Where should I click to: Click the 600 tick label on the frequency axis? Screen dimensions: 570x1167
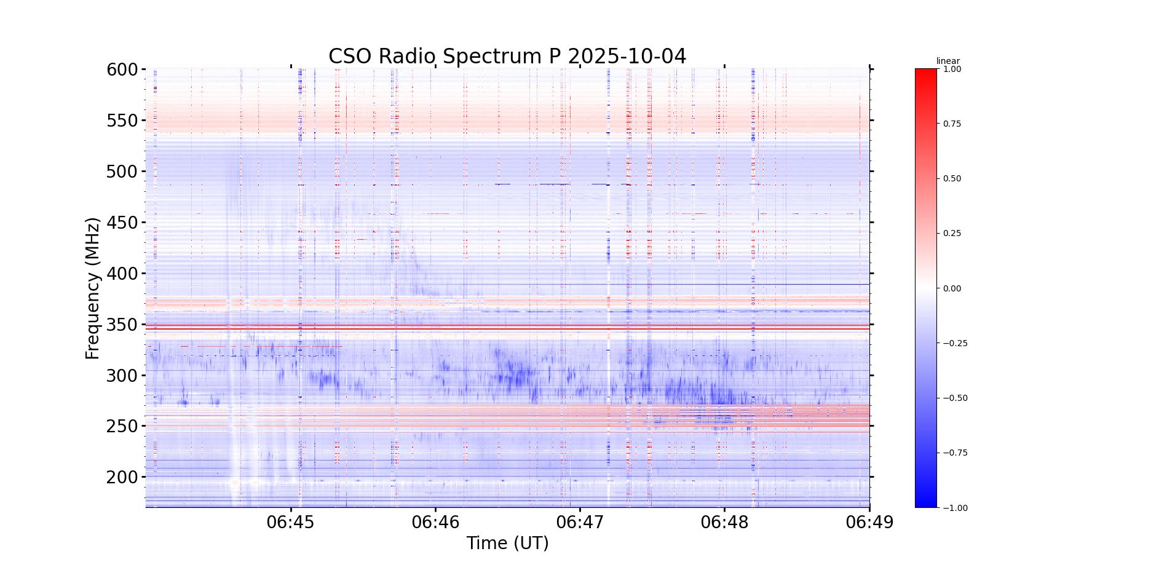click(x=122, y=69)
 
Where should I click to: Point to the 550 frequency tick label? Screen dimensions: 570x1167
click(x=122, y=121)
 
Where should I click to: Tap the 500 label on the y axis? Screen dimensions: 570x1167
click(x=122, y=172)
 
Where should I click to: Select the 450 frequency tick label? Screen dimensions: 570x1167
click(x=122, y=223)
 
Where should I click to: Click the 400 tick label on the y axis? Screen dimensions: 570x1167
click(x=122, y=274)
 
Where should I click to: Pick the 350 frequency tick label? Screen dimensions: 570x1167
click(x=122, y=325)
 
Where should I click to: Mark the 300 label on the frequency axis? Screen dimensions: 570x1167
click(x=122, y=376)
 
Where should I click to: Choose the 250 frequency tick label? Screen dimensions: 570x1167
click(x=122, y=426)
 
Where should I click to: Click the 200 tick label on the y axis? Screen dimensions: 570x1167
click(x=122, y=477)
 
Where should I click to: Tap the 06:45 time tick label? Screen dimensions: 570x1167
click(x=291, y=523)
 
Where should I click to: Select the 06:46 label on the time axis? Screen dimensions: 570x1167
click(x=435, y=523)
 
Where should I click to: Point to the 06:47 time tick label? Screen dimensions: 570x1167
click(x=580, y=523)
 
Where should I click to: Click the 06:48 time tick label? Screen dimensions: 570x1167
click(x=725, y=523)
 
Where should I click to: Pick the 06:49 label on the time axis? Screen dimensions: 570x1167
click(x=869, y=523)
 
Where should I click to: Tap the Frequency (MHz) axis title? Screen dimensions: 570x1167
click(x=93, y=288)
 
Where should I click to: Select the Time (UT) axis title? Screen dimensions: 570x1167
click(x=507, y=544)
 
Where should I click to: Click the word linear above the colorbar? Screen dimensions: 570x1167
click(x=947, y=61)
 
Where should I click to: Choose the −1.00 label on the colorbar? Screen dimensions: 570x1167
click(x=955, y=508)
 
